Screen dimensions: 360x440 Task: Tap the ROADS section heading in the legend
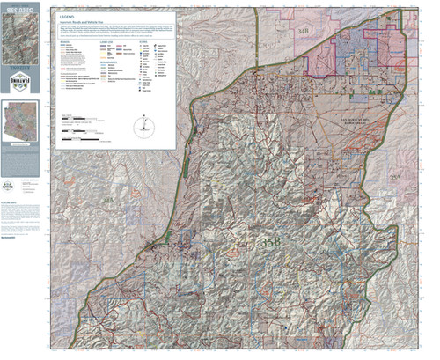pos(63,40)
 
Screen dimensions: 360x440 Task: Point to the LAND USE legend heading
pos(110,40)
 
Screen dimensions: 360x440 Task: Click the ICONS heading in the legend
pos(146,40)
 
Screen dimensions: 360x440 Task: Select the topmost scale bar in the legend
pos(74,117)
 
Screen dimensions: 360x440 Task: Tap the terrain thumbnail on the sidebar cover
pos(23,40)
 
